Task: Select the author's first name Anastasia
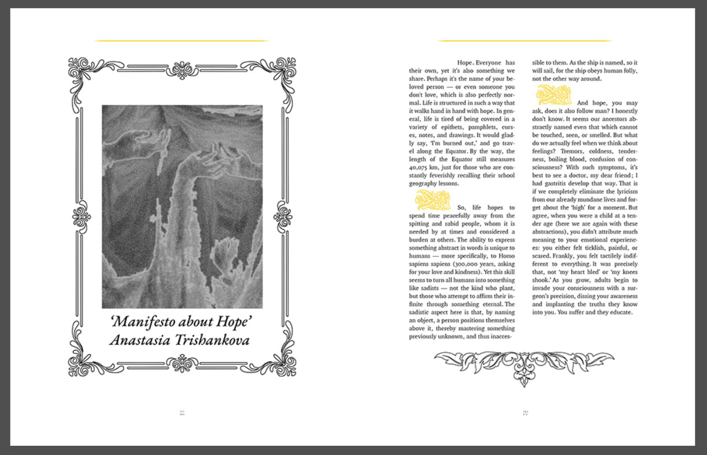coord(140,340)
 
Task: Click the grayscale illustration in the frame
coord(182,206)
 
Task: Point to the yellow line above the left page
coord(181,41)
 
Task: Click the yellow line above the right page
coord(524,41)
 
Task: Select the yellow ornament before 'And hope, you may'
coord(554,95)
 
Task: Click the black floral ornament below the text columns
coord(524,366)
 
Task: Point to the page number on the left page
coord(182,413)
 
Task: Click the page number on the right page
coord(525,413)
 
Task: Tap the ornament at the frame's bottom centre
coord(182,363)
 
